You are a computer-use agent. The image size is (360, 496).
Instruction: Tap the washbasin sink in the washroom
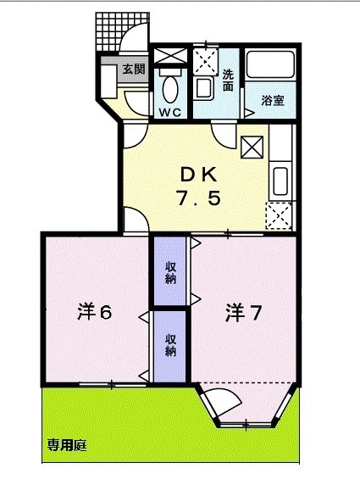coord(203,87)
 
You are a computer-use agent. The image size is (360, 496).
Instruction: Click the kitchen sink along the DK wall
coord(281,180)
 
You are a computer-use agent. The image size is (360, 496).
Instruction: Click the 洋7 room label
coord(242,313)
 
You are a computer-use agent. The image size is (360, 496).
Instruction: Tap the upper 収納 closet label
coord(170,273)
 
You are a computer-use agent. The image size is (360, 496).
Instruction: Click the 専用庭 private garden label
coord(66,444)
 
